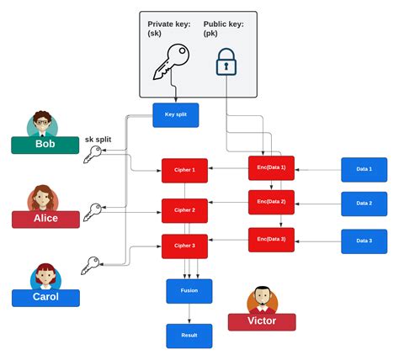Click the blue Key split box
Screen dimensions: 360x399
pyautogui.click(x=176, y=115)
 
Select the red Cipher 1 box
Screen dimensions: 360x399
pyautogui.click(x=185, y=171)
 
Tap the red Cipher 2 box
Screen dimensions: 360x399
pyautogui.click(x=185, y=210)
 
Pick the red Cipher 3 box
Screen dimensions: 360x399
pyautogui.click(x=185, y=246)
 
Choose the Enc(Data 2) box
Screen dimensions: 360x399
pyautogui.click(x=271, y=203)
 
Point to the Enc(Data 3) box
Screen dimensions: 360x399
pyautogui.click(x=271, y=240)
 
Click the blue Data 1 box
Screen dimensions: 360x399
pyautogui.click(x=364, y=170)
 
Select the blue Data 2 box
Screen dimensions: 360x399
pyautogui.click(x=364, y=204)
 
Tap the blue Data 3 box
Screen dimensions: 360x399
pyautogui.click(x=364, y=241)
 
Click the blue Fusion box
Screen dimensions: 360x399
pyautogui.click(x=189, y=291)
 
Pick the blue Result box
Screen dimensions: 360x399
pyautogui.click(x=189, y=335)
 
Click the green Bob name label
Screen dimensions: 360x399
pyautogui.click(x=45, y=144)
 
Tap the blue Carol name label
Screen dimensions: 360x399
pyautogui.click(x=45, y=297)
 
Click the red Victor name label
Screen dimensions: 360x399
pyautogui.click(x=262, y=321)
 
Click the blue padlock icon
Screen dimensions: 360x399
pyautogui.click(x=226, y=63)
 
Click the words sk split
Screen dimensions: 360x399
pyautogui.click(x=98, y=139)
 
